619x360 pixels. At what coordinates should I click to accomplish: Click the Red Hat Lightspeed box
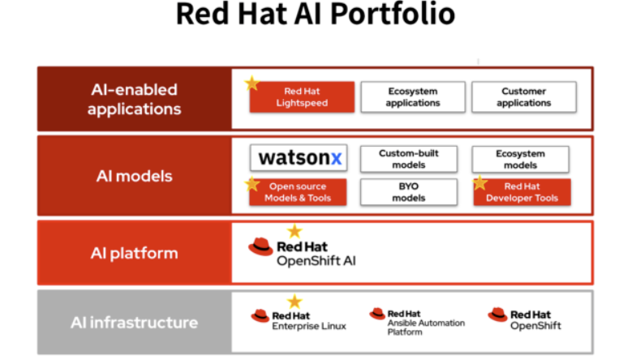(302, 97)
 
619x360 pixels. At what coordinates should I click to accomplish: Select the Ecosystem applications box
(413, 97)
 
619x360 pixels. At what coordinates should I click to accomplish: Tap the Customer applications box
(524, 97)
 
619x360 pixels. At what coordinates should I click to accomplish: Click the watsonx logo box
(299, 158)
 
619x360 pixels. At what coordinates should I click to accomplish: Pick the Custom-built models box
(409, 159)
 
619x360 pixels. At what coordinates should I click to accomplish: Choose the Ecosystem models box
(520, 160)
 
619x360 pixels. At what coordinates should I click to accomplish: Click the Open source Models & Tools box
(298, 192)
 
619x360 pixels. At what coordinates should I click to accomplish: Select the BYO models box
(409, 192)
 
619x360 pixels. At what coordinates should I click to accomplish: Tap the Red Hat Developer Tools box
(522, 192)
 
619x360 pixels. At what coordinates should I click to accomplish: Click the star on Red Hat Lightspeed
(251, 84)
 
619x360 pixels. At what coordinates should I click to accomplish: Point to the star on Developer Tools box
(479, 183)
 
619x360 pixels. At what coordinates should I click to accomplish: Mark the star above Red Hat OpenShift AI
(294, 231)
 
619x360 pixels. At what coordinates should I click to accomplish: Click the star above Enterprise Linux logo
(294, 302)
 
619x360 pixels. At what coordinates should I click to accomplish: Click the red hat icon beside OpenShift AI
(260, 246)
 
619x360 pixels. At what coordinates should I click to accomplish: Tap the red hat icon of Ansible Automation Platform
(377, 314)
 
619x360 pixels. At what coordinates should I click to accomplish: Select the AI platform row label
(134, 254)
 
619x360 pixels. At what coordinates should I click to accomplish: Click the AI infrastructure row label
(134, 323)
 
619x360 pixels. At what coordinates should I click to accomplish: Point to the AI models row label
(134, 176)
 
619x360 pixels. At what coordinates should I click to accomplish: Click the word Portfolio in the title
(393, 15)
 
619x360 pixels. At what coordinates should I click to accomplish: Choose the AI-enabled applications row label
(134, 99)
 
